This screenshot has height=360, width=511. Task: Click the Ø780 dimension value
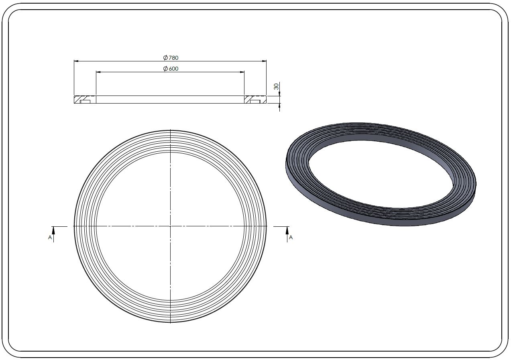171,58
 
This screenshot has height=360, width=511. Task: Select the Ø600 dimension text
171,69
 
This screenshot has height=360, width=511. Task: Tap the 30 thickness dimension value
276,86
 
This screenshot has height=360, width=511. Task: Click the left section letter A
50,238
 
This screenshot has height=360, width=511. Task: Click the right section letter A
291,238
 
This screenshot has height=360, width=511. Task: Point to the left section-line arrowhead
53,231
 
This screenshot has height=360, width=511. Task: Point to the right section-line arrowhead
287,231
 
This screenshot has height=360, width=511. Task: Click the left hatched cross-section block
85,100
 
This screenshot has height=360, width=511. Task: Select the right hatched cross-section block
255,100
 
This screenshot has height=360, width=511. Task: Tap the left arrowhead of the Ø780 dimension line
76,61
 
